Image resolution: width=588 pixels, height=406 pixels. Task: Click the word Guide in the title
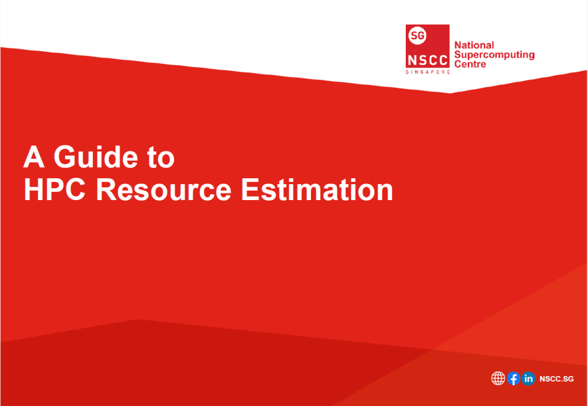[88, 157]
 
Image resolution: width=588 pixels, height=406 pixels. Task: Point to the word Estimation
[318, 189]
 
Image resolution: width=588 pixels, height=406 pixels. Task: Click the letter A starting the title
[34, 157]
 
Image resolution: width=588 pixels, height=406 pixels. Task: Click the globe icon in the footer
[498, 378]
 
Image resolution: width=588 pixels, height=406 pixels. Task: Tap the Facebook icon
[513, 378]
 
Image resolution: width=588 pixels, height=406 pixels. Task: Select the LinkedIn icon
[529, 378]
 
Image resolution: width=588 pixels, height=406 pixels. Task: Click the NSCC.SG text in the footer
[556, 379]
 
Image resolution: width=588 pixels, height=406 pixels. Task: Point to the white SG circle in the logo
[417, 36]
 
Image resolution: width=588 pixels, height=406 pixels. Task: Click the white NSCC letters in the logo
[427, 60]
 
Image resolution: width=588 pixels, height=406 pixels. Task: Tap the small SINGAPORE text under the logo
[427, 71]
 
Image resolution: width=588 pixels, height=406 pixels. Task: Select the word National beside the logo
[475, 45]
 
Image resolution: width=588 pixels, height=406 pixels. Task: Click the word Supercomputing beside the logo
[495, 55]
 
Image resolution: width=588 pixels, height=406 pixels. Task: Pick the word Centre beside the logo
[470, 64]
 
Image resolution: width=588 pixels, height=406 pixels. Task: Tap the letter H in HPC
[34, 189]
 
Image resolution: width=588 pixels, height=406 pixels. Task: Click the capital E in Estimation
[252, 189]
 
